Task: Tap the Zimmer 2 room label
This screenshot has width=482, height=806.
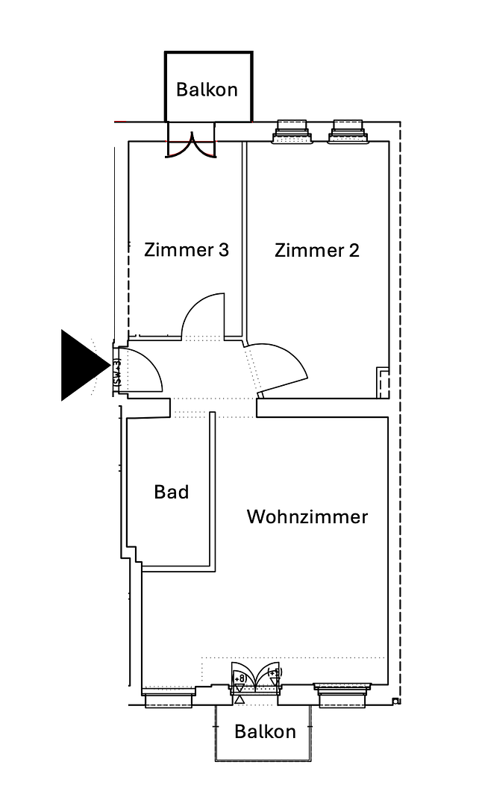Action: pyautogui.click(x=316, y=249)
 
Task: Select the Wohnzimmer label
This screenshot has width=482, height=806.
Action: pyautogui.click(x=307, y=516)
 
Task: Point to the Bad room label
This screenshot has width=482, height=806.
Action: pyautogui.click(x=171, y=492)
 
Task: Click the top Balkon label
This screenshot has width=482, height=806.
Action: pyautogui.click(x=207, y=90)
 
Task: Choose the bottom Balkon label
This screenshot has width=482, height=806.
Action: pyautogui.click(x=265, y=731)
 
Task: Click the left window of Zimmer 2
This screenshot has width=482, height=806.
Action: pyautogui.click(x=292, y=132)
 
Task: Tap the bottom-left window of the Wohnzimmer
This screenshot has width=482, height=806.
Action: pyautogui.click(x=169, y=695)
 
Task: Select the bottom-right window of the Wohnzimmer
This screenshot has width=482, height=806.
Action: pyautogui.click(x=342, y=694)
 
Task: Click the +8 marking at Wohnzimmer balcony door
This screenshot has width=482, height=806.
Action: pyautogui.click(x=240, y=678)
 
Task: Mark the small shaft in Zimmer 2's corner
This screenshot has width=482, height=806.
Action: pyautogui.click(x=384, y=382)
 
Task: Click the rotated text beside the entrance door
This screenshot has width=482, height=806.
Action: pyautogui.click(x=117, y=371)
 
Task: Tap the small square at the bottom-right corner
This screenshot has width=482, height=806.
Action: pyautogui.click(x=395, y=701)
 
